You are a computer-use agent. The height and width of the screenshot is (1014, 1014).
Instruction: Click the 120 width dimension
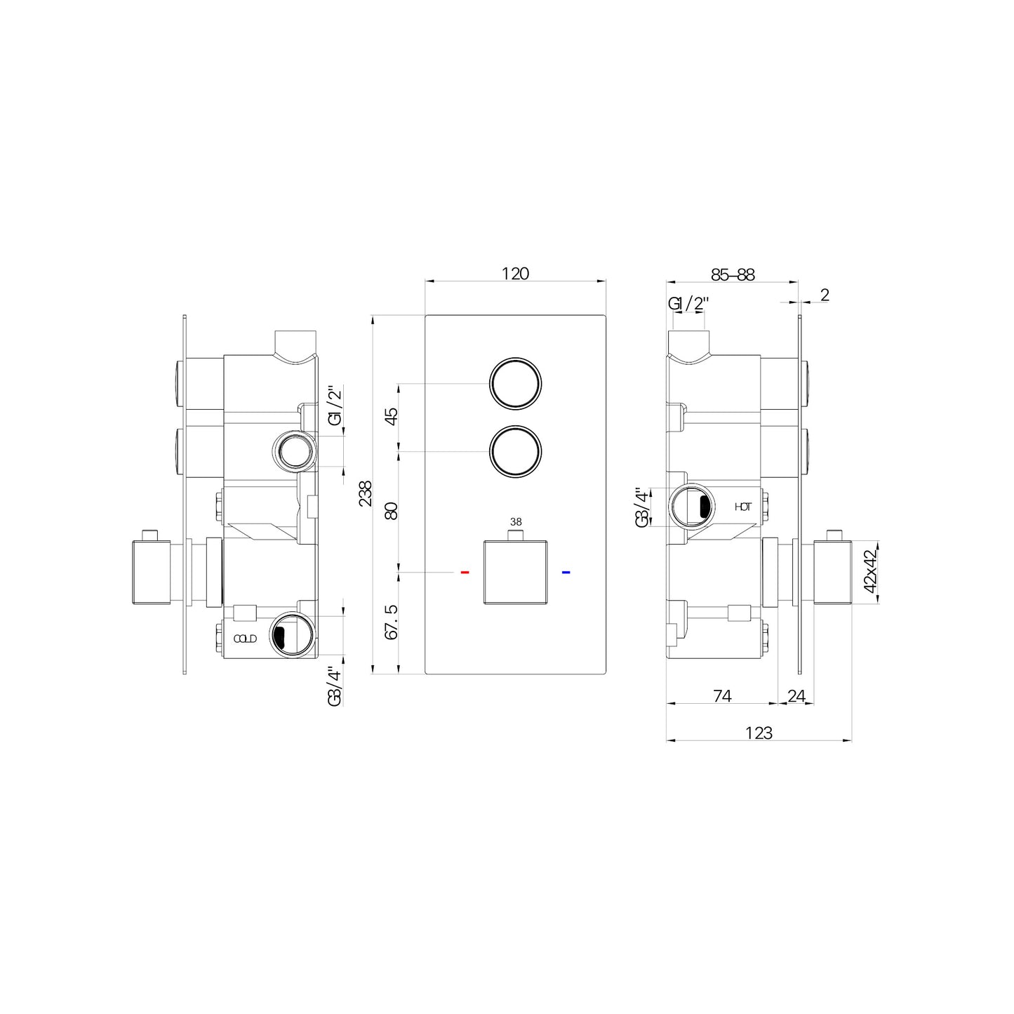(515, 274)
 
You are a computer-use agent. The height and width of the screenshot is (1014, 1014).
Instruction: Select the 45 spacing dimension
(392, 415)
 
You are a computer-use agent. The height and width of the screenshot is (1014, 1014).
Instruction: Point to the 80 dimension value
(392, 510)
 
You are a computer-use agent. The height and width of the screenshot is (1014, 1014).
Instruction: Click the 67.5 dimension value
(392, 622)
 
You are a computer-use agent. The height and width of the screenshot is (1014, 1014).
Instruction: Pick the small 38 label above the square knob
(516, 522)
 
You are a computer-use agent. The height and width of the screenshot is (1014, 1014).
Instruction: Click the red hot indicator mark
(465, 573)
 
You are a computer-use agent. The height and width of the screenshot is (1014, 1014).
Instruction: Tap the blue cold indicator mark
(566, 573)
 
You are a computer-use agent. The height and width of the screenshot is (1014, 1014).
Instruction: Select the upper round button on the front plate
(516, 383)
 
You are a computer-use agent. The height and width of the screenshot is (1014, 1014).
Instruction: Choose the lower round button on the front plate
(516, 452)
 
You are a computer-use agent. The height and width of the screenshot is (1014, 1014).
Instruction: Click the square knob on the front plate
(516, 573)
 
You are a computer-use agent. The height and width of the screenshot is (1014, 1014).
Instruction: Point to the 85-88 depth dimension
(732, 274)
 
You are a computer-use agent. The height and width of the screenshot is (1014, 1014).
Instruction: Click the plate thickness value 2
(825, 295)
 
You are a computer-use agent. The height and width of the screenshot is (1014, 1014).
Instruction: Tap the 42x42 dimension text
(870, 572)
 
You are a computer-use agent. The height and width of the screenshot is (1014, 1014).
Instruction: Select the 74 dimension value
(722, 695)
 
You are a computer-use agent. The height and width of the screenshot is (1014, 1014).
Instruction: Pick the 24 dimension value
(796, 695)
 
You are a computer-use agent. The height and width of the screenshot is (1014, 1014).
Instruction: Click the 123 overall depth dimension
(759, 733)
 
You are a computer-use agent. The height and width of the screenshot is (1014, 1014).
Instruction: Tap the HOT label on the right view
(742, 507)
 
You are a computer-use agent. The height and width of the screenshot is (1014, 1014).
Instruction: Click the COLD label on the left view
(245, 639)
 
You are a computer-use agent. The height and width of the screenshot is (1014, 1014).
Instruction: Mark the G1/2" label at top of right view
(688, 304)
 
